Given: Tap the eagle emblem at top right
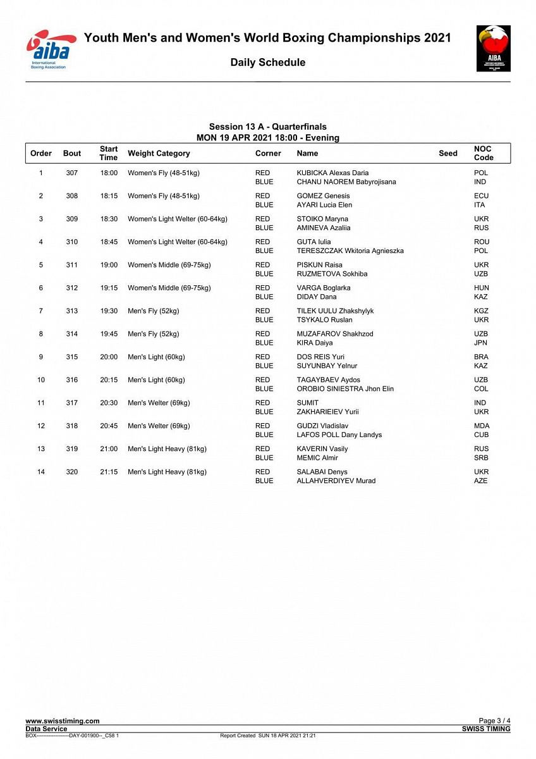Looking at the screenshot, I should click(493, 48).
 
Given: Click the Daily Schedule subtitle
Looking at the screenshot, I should click(267, 62).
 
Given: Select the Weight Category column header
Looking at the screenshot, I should click(159, 153).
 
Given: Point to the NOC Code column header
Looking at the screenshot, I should click(484, 153).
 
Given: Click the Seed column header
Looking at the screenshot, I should click(448, 153).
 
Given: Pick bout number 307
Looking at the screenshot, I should click(72, 173).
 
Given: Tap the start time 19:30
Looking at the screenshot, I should click(109, 311).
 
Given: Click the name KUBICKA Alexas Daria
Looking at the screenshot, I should click(332, 173).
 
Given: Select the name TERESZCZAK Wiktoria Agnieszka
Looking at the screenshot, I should click(350, 250).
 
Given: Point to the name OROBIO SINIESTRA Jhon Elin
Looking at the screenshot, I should click(345, 388).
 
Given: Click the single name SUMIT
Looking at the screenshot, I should click(308, 403).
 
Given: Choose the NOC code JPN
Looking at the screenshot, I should click(480, 343).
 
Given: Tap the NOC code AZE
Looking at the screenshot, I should click(480, 481).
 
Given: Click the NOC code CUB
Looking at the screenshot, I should click(481, 435).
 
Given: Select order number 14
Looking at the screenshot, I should click(41, 472).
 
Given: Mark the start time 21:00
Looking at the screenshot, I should click(109, 449).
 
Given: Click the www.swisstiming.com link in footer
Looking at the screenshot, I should click(62, 721).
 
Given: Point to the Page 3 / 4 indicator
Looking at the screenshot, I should click(494, 721).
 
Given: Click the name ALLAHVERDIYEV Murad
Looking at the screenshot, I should click(336, 481).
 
